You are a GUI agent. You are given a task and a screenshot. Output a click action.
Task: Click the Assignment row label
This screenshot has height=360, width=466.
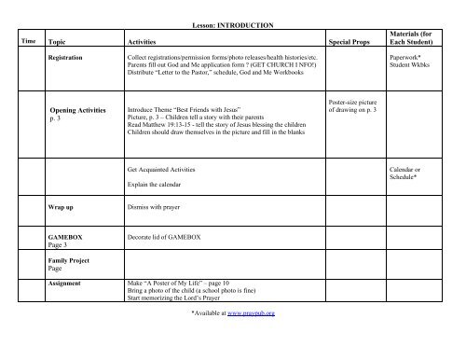pyautogui.click(x=65, y=282)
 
